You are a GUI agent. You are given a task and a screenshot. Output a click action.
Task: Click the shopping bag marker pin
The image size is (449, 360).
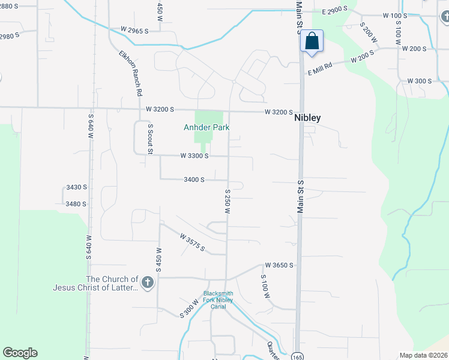click(312, 42)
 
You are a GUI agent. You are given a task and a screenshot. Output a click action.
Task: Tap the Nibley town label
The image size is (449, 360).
click(307, 118)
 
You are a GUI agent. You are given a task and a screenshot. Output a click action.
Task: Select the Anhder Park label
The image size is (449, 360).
click(206, 128)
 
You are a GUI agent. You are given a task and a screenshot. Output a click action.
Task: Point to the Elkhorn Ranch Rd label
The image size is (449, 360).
click(130, 74)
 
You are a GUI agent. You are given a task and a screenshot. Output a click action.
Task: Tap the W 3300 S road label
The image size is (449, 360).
click(194, 156)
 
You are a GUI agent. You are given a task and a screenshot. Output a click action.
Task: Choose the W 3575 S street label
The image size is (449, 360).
click(192, 242)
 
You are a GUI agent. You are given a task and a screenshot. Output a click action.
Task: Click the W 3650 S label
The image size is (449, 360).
click(279, 265)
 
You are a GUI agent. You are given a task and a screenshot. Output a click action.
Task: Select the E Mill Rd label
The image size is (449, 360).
click(320, 68)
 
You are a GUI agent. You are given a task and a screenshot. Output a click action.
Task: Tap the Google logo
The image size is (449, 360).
click(20, 353)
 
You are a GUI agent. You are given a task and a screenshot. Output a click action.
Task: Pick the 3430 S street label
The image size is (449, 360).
click(76, 187)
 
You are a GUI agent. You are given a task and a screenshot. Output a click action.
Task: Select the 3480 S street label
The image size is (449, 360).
click(76, 204)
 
